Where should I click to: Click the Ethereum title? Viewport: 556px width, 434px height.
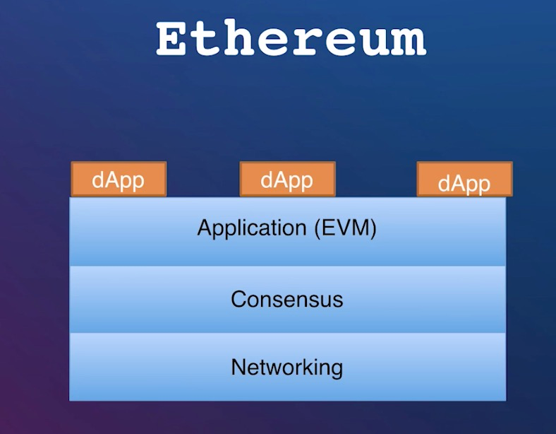291,37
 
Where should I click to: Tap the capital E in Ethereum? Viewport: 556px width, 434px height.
172,38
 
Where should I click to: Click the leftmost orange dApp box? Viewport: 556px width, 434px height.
119,179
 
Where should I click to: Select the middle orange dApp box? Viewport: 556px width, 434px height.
288,179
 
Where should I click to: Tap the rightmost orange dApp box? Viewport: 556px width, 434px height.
464,179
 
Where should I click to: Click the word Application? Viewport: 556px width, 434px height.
252,228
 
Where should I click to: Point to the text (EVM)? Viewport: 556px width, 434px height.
345,228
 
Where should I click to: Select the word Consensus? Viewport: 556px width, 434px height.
287,299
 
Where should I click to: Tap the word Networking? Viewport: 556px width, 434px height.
287,368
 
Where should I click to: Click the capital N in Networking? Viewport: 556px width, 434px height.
238,367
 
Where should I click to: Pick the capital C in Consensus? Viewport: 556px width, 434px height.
238,299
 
